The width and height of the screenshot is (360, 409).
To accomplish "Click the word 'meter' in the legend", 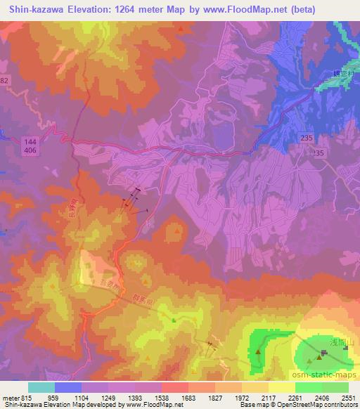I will (10, 397).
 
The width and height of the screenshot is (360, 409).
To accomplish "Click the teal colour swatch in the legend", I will (41, 387).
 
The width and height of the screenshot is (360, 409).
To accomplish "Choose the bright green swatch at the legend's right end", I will (335, 387).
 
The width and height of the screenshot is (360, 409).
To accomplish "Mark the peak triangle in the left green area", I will (259, 352).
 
